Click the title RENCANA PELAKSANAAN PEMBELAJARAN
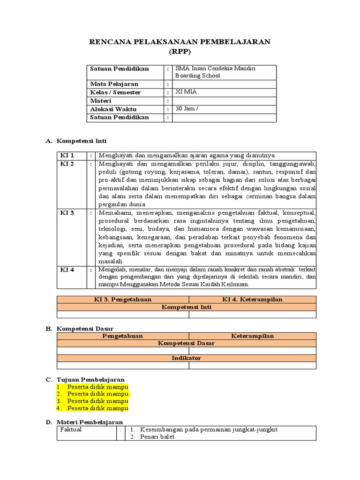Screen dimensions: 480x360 point(180,42)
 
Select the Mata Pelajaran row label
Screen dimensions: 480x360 point(112,84)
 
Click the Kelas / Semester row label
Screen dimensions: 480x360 point(115,92)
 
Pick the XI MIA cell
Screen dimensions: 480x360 point(186,92)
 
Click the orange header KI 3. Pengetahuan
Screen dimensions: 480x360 point(123,300)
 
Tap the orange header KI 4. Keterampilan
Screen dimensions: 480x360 point(252,300)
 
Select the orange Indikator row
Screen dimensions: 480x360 point(186,358)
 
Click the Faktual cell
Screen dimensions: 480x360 point(71,429)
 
